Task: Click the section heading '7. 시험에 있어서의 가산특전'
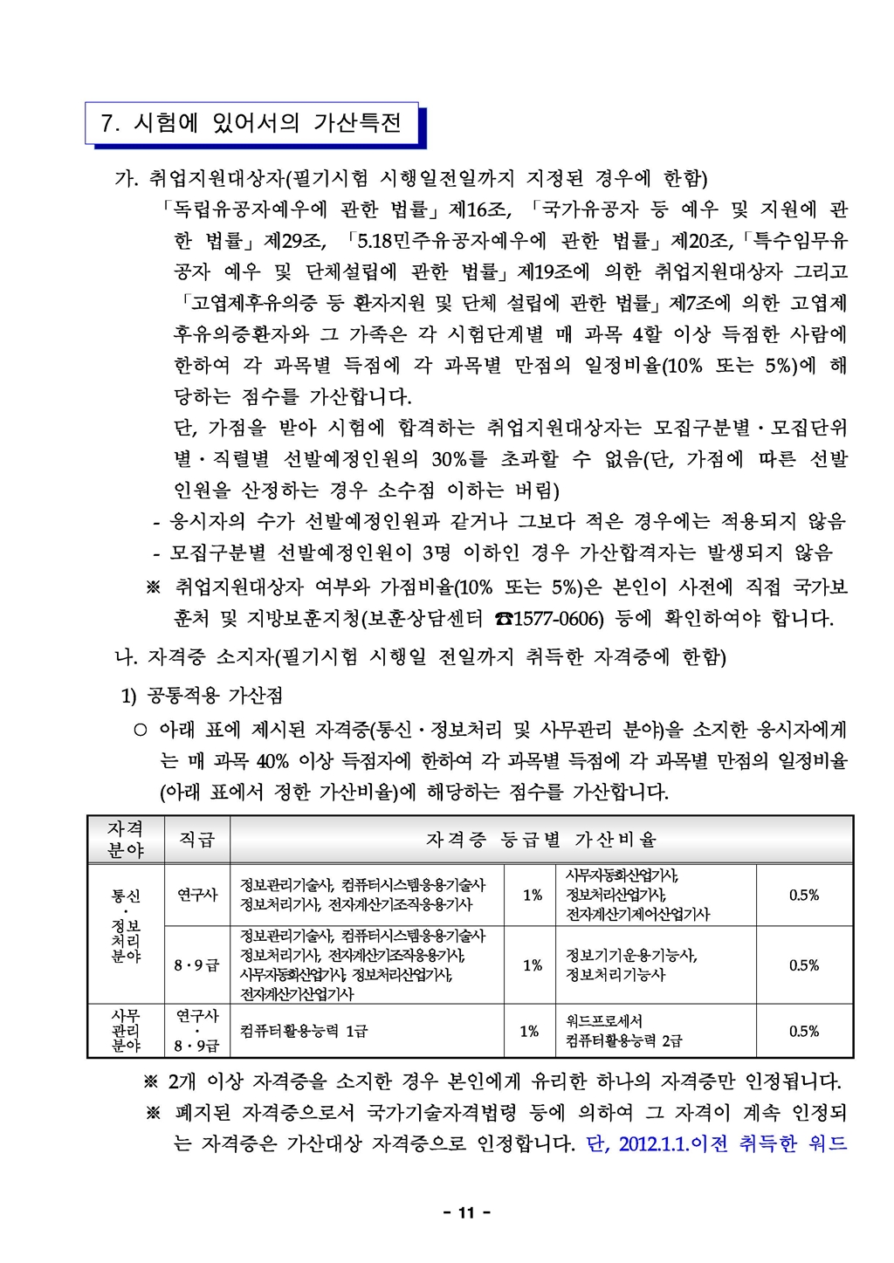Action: coord(251,123)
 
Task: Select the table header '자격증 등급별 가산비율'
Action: coord(541,840)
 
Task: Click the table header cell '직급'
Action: coord(196,840)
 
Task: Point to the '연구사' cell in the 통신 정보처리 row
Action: coord(196,895)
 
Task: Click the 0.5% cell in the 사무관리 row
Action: coord(803,1031)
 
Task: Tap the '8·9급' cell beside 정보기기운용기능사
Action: coord(196,965)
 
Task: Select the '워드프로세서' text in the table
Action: coord(604,1020)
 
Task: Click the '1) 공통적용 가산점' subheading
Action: coord(201,696)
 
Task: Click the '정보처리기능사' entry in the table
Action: coord(615,974)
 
